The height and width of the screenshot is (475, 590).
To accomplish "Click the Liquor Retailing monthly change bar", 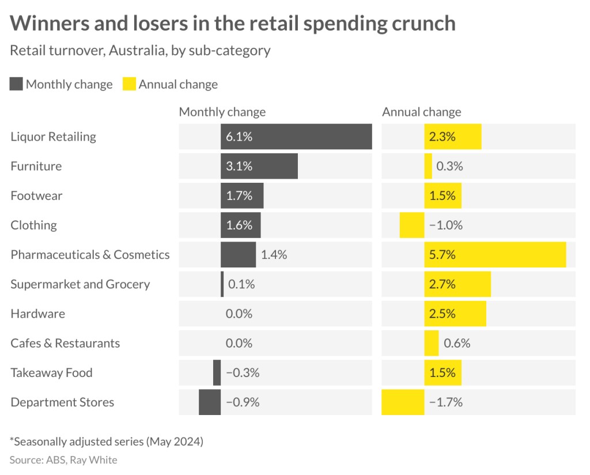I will coord(296,137).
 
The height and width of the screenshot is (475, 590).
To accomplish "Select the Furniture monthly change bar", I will coord(259,166).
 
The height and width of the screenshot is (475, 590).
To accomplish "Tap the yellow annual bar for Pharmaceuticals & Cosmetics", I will coord(495,255).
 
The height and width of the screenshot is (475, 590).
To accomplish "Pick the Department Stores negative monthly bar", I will coord(210,402).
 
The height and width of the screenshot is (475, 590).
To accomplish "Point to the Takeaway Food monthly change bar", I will coord(217,373).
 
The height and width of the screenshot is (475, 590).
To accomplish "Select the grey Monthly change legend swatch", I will coord(16,84).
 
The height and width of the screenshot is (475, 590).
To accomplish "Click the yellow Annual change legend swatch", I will coord(129,84).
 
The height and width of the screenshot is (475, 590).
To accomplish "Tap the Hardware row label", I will coord(37,314).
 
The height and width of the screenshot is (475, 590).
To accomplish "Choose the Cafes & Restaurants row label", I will coord(65,343).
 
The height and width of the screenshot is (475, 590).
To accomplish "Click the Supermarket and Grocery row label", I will coord(80,284).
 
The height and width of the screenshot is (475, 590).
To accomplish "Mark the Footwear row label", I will coord(36,195).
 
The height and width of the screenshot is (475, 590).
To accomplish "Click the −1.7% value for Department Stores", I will coord(446,402).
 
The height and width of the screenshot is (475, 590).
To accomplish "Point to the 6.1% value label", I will coord(239,137).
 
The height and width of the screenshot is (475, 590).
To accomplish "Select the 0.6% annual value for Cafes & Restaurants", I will coord(457,343).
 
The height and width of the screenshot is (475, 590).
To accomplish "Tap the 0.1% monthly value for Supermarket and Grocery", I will coord(241,284).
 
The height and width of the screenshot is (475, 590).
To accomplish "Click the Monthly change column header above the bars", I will coord(222,112).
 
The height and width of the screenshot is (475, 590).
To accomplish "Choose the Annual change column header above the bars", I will coord(421,112).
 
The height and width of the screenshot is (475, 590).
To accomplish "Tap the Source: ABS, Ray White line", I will coord(63,459).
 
